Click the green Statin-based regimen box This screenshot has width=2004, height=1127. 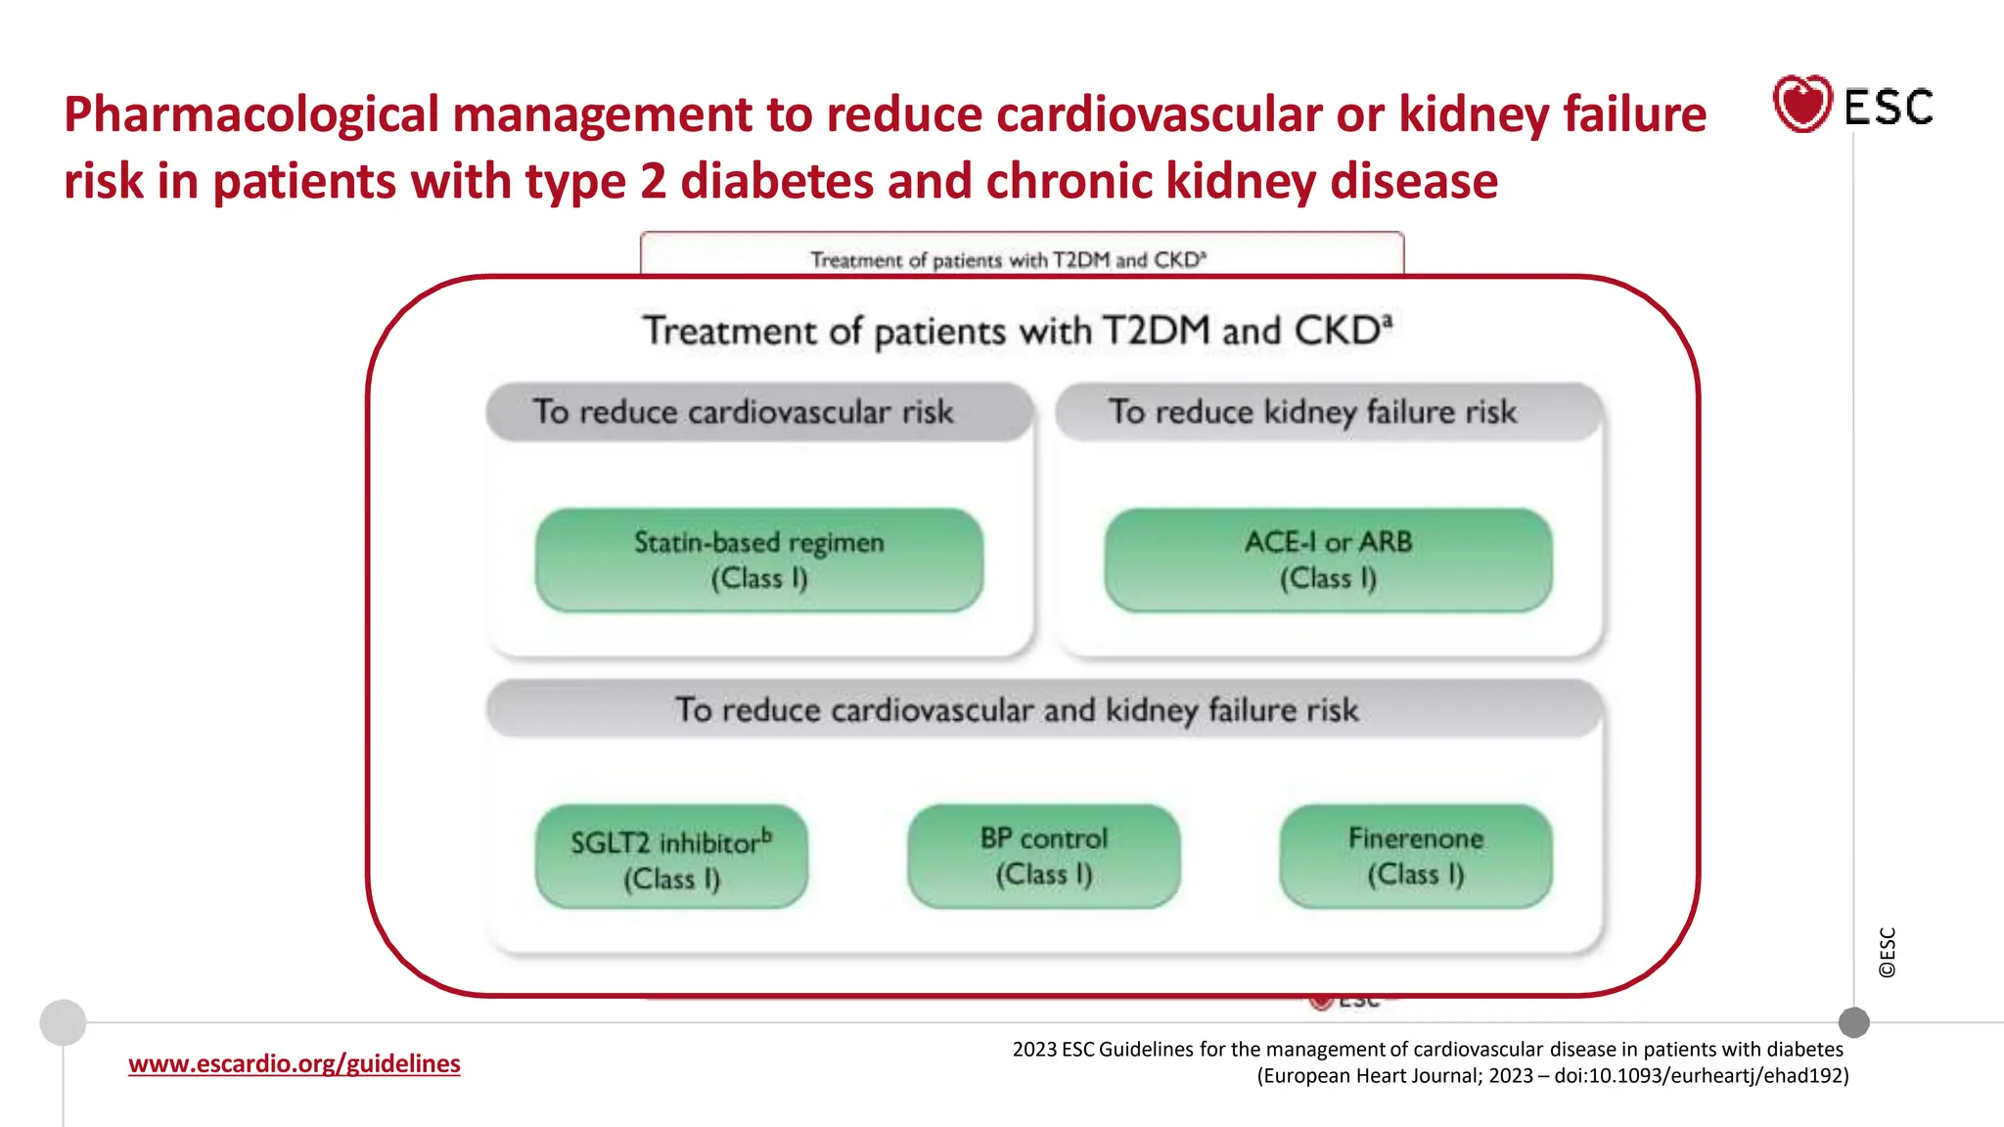(x=759, y=560)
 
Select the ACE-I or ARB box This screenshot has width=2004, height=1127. (x=1328, y=560)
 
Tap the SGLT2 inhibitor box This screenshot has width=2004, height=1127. (x=671, y=857)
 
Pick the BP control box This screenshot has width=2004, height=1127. (x=1043, y=856)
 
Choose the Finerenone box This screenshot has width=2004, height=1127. (x=1415, y=856)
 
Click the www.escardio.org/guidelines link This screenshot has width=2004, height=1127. (x=294, y=1063)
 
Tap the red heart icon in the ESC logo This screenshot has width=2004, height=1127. (x=1801, y=104)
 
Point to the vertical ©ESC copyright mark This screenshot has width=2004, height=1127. (x=1887, y=952)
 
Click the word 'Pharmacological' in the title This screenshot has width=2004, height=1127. (x=250, y=114)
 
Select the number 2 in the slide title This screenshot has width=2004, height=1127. (x=653, y=182)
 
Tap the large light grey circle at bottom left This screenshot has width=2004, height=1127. (x=63, y=1022)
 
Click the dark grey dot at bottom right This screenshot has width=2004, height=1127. (x=1853, y=1022)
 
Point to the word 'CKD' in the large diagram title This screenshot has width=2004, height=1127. (x=1338, y=331)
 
